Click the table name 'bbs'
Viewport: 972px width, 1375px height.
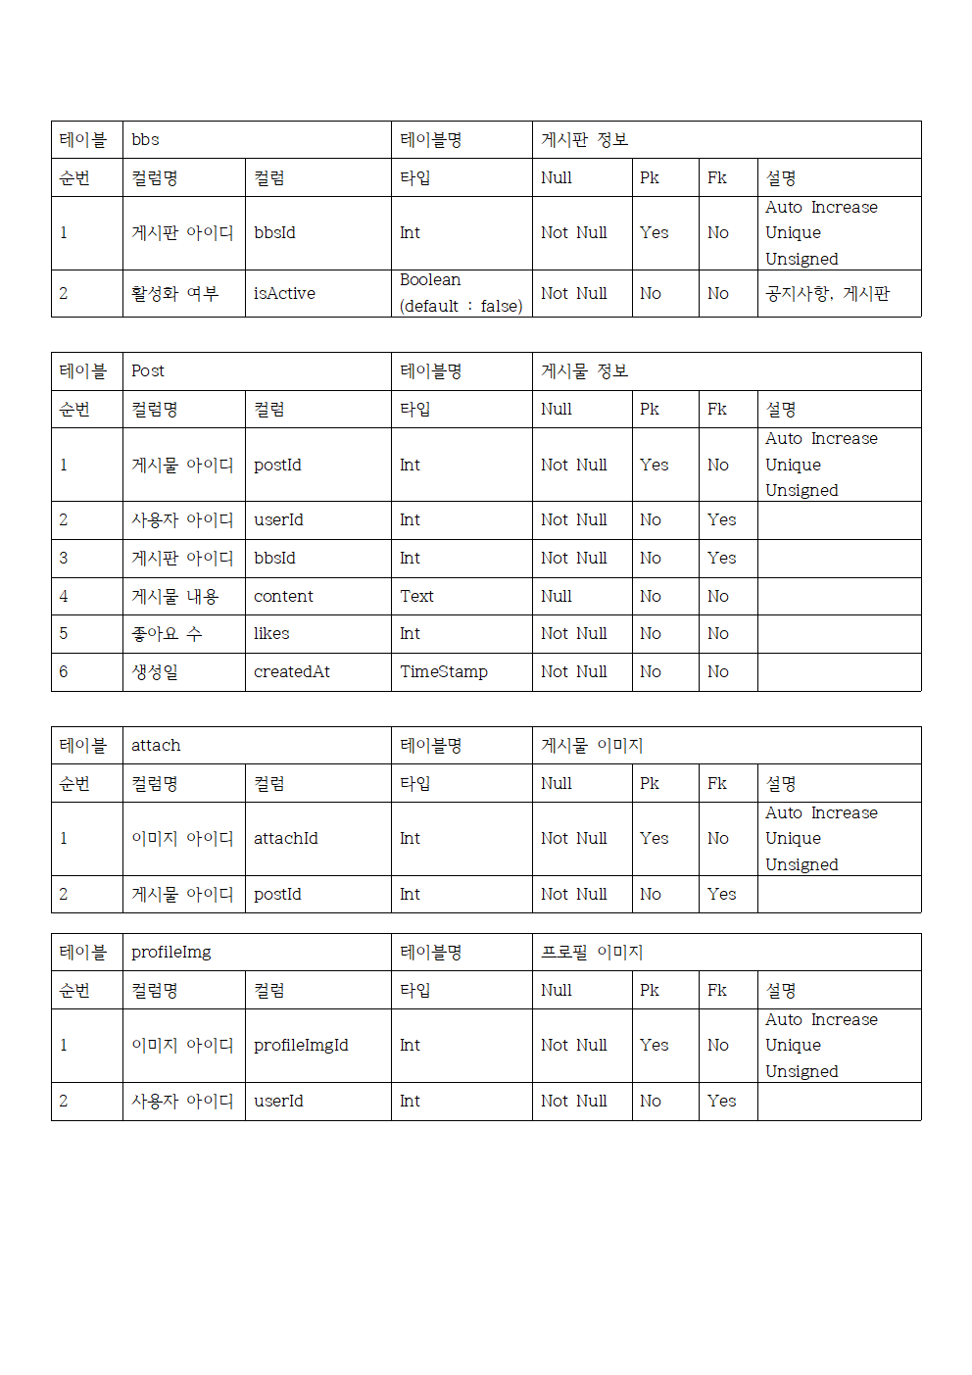pos(146,140)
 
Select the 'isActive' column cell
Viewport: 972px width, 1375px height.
pos(284,293)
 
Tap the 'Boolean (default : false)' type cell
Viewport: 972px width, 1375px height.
pos(461,293)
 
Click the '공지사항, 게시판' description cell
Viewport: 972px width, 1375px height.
pos(827,293)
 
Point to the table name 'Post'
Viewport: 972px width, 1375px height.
pos(148,371)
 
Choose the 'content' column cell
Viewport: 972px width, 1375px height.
pos(283,596)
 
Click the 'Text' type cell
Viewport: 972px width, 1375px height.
pos(416,596)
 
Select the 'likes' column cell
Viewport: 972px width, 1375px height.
pos(271,634)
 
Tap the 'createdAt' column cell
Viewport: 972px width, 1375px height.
pos(292,672)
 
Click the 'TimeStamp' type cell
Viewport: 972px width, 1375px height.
pos(444,672)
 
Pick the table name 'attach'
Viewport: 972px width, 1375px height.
pos(156,746)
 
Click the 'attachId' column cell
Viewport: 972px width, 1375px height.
pos(286,839)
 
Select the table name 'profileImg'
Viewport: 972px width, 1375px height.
pos(171,953)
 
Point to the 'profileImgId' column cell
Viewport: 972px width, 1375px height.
pos(301,1046)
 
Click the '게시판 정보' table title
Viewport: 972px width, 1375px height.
pos(584,140)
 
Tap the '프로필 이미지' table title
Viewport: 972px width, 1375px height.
pos(592,953)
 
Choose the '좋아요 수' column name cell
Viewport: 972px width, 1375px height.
pos(167,634)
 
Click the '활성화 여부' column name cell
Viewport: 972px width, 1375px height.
pos(174,293)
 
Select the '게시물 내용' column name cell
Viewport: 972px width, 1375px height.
pos(174,596)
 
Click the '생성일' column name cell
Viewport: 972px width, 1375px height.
pos(155,672)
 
